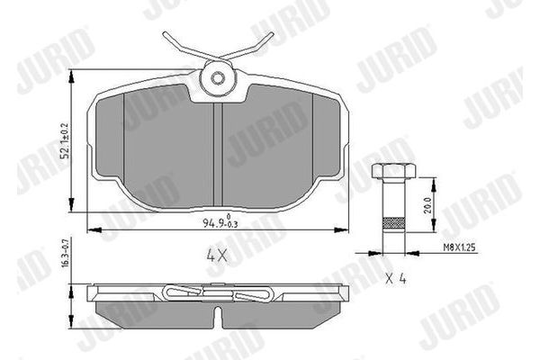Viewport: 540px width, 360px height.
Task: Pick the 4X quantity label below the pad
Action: click(x=216, y=255)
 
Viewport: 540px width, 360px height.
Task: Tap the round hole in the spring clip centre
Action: click(x=217, y=77)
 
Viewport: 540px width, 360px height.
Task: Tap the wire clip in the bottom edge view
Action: click(x=216, y=292)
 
